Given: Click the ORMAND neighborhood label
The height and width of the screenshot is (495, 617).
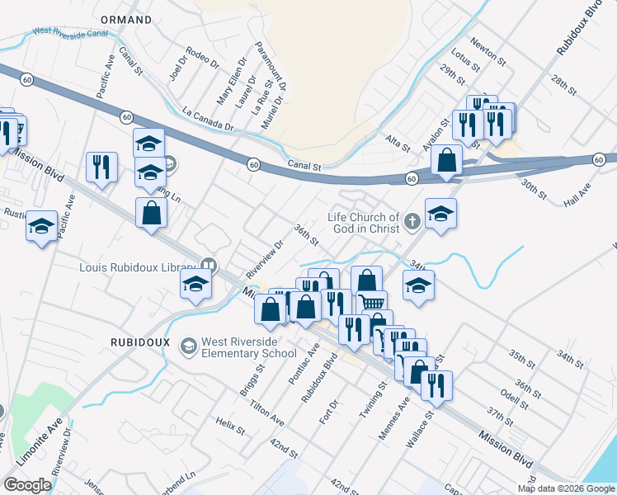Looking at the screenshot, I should click(125, 19).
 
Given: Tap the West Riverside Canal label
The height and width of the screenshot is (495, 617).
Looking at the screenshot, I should click(69, 33).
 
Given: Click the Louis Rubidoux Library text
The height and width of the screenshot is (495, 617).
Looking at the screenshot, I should click(137, 267).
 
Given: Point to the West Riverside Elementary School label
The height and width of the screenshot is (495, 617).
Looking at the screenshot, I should click(249, 347).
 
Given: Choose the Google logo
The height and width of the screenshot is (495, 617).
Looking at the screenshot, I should click(27, 485).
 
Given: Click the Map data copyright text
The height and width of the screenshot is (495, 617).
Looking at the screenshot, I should click(565, 488).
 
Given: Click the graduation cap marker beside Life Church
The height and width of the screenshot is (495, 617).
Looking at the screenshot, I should click(440, 214).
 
